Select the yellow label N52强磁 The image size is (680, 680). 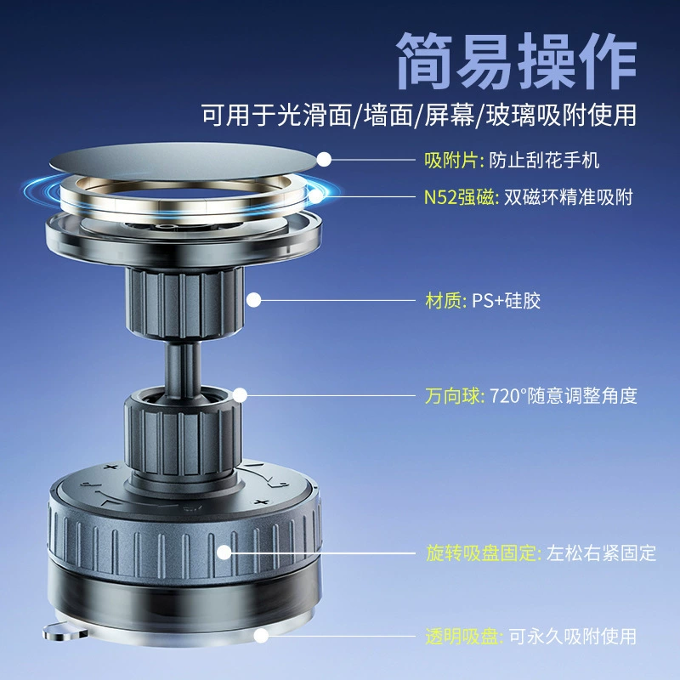pyautogui.click(x=459, y=197)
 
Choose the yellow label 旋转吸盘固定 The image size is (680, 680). pyautogui.click(x=481, y=553)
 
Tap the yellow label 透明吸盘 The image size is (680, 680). pyautogui.click(x=462, y=637)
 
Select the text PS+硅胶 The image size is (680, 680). pyautogui.click(x=506, y=301)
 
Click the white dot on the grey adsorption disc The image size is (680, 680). pyautogui.click(x=324, y=159)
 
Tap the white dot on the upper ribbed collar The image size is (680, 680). pyautogui.click(x=253, y=300)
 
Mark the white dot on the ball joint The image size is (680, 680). pyautogui.click(x=240, y=395)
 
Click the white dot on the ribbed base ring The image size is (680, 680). pyautogui.click(x=224, y=552)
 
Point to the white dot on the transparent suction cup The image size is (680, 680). pyautogui.click(x=261, y=636)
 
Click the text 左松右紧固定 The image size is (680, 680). pyautogui.click(x=601, y=553)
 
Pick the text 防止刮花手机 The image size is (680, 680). pyautogui.click(x=544, y=160)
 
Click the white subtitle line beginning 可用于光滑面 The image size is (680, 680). pyautogui.click(x=419, y=115)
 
